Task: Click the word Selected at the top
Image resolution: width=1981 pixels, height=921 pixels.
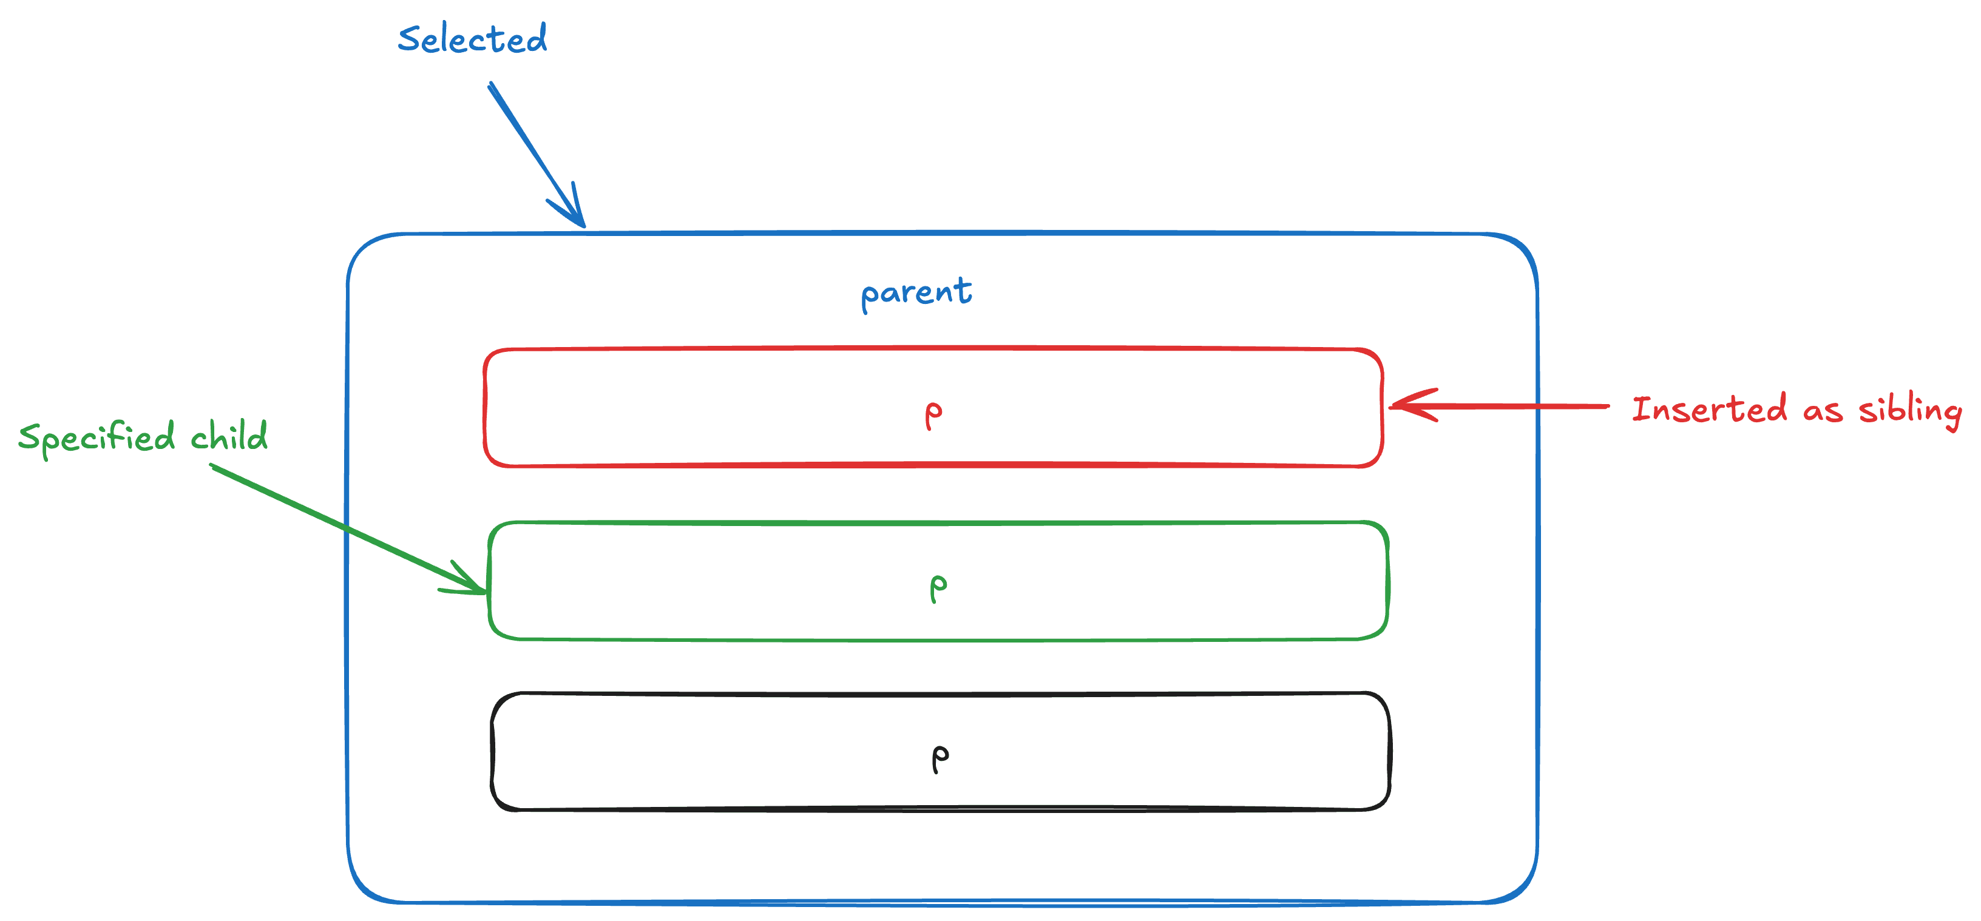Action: pyautogui.click(x=472, y=38)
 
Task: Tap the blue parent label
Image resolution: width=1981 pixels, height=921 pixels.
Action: pyautogui.click(x=916, y=293)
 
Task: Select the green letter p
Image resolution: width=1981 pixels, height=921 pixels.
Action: pyautogui.click(x=938, y=587)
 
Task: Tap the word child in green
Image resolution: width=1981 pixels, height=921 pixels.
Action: pyautogui.click(x=229, y=436)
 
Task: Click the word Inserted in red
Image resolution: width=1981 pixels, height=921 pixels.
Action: pyautogui.click(x=1708, y=409)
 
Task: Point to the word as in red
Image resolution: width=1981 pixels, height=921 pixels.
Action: pyautogui.click(x=1823, y=411)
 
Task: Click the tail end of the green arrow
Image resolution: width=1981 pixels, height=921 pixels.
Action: pyautogui.click(x=212, y=466)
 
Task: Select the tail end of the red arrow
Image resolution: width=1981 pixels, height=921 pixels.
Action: pyautogui.click(x=1607, y=406)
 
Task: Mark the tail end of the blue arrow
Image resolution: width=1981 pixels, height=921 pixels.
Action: pyautogui.click(x=490, y=84)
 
